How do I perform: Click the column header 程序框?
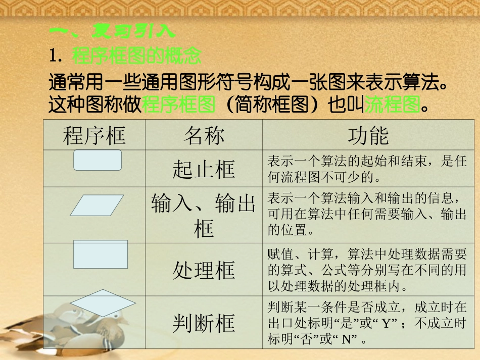94,136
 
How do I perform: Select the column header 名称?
204,136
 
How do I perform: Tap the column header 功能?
368,136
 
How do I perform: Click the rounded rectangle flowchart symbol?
98,160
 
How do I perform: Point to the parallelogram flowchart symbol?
97,205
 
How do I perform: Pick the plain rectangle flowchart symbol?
101,254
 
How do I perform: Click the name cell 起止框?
204,170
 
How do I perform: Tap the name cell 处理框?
204,270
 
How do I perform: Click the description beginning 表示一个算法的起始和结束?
367,169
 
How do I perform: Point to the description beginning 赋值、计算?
367,270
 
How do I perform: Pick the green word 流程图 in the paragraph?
393,105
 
